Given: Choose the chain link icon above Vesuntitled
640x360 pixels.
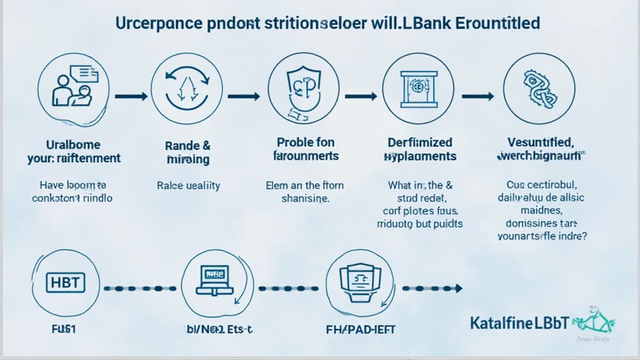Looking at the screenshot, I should (x=538, y=87).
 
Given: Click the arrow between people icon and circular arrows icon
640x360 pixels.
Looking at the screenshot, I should (x=131, y=96).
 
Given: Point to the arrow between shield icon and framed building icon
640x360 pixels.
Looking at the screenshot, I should (x=362, y=96).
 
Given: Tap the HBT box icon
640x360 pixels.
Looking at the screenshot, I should (x=64, y=283).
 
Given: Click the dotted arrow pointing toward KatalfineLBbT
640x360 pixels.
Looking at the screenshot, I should (x=432, y=289).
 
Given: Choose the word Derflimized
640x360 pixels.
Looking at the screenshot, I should (x=419, y=143).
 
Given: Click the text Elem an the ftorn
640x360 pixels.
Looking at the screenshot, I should (x=304, y=185).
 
